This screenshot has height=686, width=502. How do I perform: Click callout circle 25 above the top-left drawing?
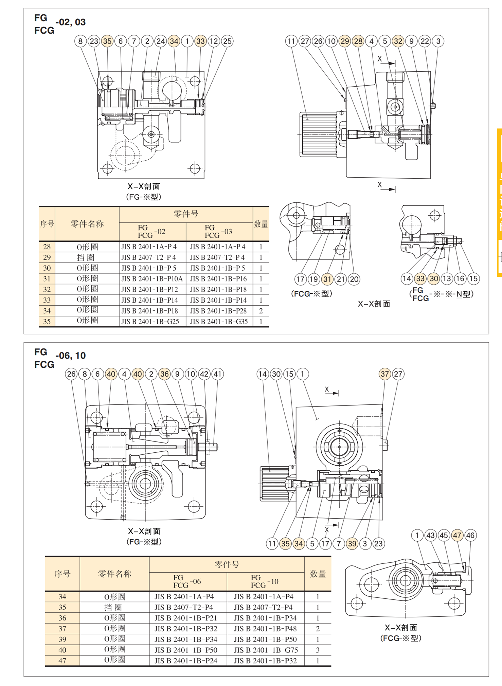coord(227,41)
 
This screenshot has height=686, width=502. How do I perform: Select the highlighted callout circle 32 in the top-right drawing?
coord(398,41)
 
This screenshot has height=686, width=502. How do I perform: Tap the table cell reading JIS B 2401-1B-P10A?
coord(152,279)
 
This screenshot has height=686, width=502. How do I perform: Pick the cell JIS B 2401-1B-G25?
coord(150,321)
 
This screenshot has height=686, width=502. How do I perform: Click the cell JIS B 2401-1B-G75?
coord(266,650)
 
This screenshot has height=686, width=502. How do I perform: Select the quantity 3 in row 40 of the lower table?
coord(318,650)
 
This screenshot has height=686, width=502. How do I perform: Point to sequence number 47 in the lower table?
coord(62,661)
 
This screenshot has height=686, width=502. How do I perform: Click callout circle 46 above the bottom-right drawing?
coord(470,536)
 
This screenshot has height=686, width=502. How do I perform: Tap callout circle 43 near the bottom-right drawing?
coord(430,536)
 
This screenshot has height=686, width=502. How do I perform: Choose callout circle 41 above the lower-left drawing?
coord(217,374)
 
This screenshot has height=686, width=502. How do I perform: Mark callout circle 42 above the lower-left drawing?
coord(204,374)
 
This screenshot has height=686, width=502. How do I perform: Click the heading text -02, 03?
coord(71,22)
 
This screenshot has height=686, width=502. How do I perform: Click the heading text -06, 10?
coord(71,356)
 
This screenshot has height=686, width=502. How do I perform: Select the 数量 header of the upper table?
coord(261,224)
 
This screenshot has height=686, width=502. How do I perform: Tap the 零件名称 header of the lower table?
coord(114,574)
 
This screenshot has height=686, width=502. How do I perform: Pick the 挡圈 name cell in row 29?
coord(87,257)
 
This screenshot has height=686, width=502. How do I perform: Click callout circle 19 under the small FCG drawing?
coord(313,279)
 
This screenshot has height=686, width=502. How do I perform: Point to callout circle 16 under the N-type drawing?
coord(460,279)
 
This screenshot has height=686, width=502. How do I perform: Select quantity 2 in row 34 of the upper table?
coord(261,311)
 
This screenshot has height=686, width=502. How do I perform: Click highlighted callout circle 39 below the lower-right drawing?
coord(352,544)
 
